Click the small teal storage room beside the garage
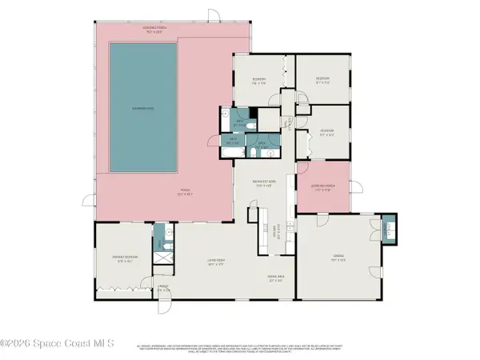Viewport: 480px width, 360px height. (x=389, y=228)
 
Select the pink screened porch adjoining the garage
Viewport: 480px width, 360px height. (x=323, y=189)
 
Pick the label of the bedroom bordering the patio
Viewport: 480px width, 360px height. (x=258, y=80)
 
